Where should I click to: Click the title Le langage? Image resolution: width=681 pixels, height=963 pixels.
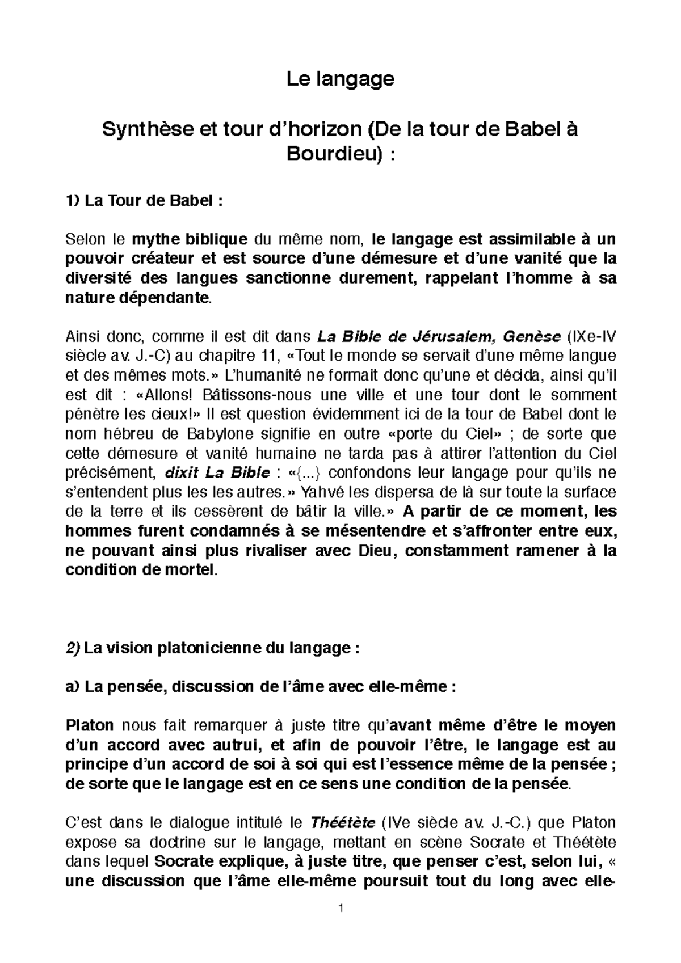[x=340, y=79]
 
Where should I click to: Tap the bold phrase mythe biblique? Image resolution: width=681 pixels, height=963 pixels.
[x=190, y=239]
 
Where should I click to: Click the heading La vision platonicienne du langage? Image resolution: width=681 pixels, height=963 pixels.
[x=221, y=648]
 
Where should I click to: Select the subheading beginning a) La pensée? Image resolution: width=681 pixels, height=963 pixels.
[x=260, y=687]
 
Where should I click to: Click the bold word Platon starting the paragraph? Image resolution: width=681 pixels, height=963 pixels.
[x=90, y=726]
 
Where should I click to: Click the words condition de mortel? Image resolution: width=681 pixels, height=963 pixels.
[x=141, y=570]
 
